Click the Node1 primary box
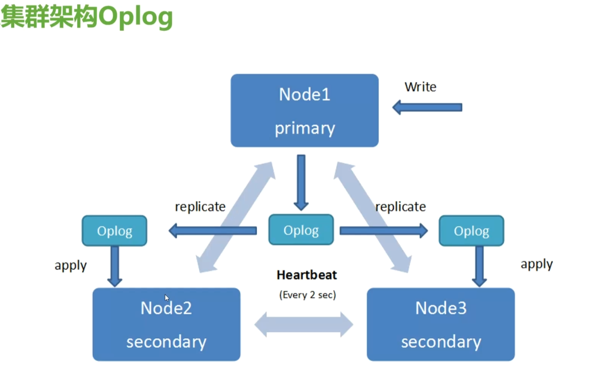click(304, 110)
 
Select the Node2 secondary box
click(166, 324)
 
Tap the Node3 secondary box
click(441, 324)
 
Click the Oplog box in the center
click(301, 230)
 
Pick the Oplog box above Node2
click(114, 231)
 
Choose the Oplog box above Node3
click(472, 231)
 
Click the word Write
click(420, 87)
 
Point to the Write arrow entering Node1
click(427, 107)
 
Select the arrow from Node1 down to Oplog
click(301, 183)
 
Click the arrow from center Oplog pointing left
click(212, 231)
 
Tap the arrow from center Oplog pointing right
click(384, 231)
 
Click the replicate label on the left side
click(200, 207)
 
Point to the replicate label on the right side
click(400, 207)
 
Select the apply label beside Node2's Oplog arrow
click(71, 266)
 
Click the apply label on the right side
click(537, 264)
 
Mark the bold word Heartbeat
click(307, 275)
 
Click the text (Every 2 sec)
click(308, 295)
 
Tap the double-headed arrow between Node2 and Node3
click(304, 324)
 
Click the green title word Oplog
click(136, 17)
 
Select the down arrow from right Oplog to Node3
click(479, 266)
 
